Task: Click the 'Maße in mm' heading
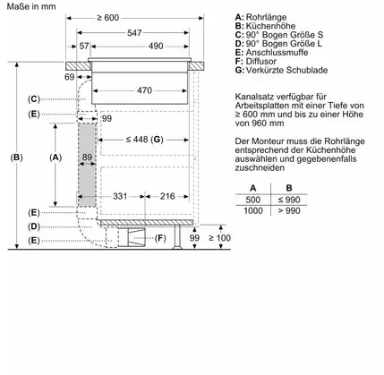tap(31, 6)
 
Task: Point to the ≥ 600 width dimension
tap(107, 18)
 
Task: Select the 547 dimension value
tap(134, 33)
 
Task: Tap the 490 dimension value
tap(156, 46)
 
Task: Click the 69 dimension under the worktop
tap(69, 77)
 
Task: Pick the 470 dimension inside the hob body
tap(144, 90)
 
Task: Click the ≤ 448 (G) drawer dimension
tap(144, 140)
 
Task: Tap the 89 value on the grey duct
tap(87, 157)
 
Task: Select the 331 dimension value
tap(120, 196)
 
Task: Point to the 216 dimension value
tap(167, 196)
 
